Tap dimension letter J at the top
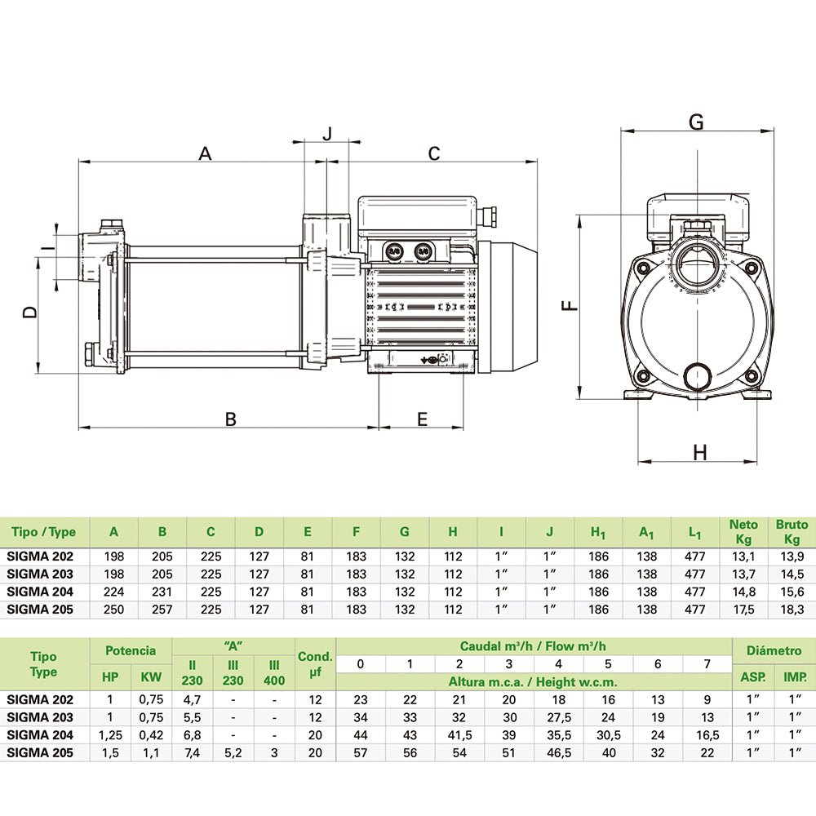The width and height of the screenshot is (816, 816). point(328,133)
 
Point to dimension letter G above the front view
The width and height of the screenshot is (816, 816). point(696,122)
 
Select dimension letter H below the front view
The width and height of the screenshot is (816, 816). point(699,452)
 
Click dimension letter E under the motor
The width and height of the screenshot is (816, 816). point(422,419)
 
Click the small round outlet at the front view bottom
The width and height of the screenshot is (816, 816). point(696,376)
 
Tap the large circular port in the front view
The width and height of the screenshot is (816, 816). point(696,264)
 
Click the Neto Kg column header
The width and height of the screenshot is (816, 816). point(743,532)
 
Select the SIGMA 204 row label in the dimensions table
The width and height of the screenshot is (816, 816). point(40,592)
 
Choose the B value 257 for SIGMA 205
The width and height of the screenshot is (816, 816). point(162,610)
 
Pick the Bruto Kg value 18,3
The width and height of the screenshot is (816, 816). point(792,610)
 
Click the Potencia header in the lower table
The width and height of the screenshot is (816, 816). point(130,650)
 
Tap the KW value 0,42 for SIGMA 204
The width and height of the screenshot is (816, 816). point(151,734)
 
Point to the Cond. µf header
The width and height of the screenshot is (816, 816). point(315,664)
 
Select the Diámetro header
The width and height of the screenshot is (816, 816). point(774,650)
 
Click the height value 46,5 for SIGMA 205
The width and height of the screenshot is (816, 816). point(559,752)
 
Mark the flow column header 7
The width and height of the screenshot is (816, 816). point(707,664)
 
